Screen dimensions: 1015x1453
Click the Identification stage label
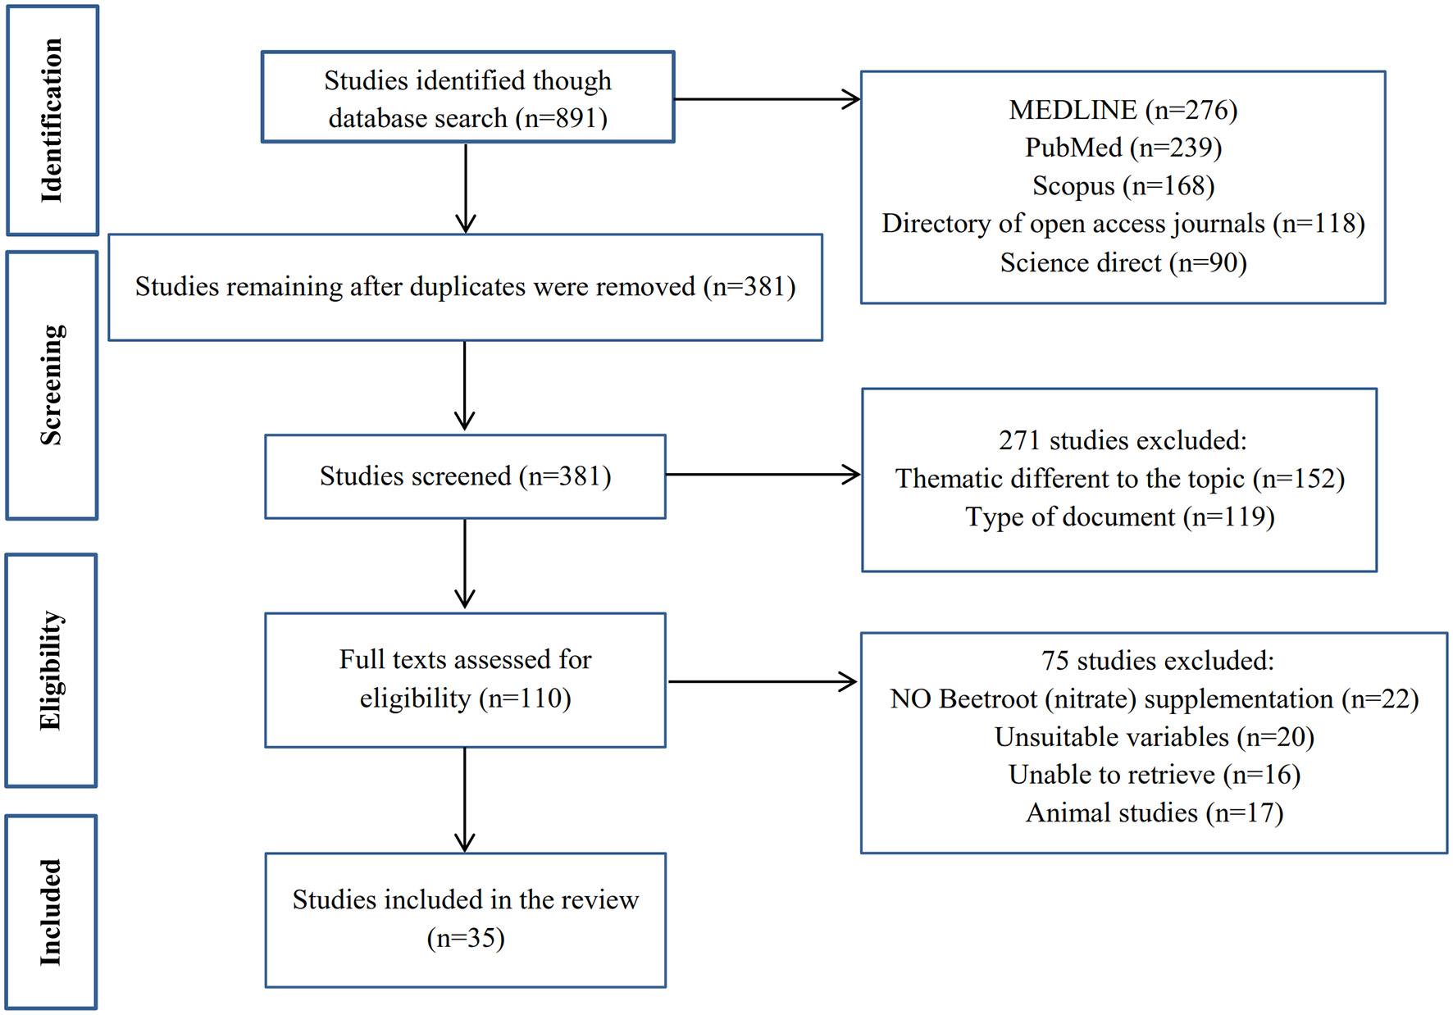[x=52, y=121]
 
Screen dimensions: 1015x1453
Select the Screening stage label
[x=52, y=385]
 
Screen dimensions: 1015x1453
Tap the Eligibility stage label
[x=51, y=671]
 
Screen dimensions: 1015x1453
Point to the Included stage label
[x=51, y=912]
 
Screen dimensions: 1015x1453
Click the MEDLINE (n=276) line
[x=1123, y=110]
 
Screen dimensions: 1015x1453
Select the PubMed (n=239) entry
[x=1123, y=148]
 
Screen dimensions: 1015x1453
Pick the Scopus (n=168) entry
[x=1123, y=186]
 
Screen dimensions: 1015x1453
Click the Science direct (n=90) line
[x=1123, y=263]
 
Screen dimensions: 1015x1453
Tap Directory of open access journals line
[x=1123, y=224]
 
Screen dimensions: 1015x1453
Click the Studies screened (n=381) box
[x=465, y=476]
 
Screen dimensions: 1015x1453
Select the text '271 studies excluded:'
[x=1122, y=441]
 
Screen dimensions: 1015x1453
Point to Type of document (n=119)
[x=1119, y=517]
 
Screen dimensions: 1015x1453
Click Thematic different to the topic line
[x=1119, y=479]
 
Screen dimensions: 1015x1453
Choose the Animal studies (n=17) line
[x=1154, y=813]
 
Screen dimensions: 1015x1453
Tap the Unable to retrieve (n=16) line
[x=1154, y=775]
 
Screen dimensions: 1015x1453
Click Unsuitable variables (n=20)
[x=1154, y=737]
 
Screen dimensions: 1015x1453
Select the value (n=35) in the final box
[x=465, y=938]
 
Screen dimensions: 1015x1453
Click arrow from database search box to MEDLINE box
[x=767, y=99]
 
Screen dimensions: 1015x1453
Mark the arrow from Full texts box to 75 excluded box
[x=763, y=681]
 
